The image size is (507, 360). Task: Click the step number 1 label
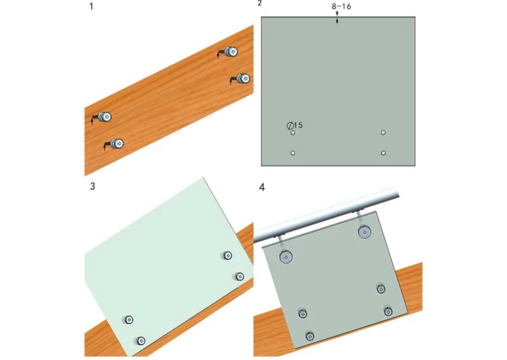[91, 7]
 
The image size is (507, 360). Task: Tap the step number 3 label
[93, 186]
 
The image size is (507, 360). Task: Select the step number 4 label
[262, 188]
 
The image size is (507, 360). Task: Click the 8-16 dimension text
[341, 7]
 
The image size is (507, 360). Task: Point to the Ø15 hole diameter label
[295, 125]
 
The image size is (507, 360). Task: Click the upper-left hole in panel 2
[293, 133]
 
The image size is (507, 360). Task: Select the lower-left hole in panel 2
[293, 153]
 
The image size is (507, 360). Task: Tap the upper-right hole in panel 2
[383, 132]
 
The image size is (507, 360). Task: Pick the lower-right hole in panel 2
[383, 153]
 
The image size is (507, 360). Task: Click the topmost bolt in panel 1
[231, 52]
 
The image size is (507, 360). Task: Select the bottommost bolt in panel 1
[117, 143]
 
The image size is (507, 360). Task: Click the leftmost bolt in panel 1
[104, 117]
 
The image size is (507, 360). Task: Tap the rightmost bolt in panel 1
[243, 78]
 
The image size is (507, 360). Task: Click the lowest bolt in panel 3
[140, 340]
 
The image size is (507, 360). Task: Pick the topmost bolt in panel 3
[227, 255]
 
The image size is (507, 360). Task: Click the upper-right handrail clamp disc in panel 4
[364, 232]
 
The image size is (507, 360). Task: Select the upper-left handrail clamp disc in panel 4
[286, 257]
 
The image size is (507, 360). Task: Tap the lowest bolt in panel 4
[310, 336]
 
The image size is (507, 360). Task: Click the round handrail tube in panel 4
[326, 215]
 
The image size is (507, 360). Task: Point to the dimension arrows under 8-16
[337, 18]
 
